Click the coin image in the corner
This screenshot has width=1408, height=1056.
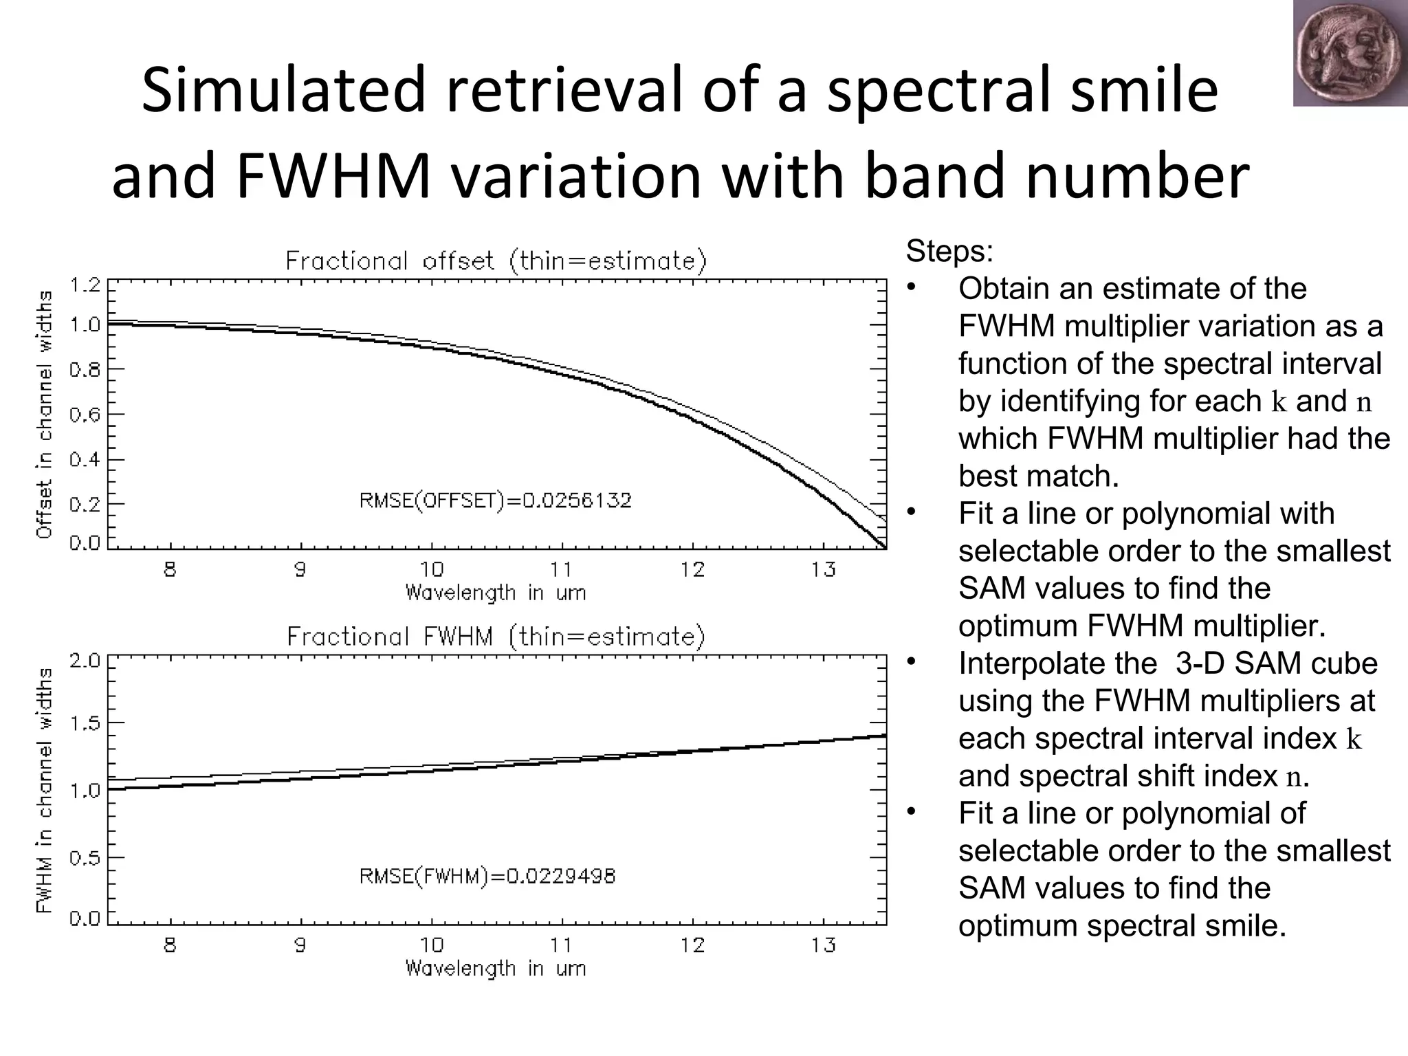(1350, 54)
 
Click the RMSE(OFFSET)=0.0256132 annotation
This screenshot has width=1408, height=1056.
(495, 500)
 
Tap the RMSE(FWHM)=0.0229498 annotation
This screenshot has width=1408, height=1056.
(487, 877)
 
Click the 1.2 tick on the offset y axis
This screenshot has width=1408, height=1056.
(85, 285)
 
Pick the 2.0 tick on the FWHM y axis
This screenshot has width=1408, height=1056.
(85, 661)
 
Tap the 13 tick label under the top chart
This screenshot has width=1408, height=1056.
(823, 569)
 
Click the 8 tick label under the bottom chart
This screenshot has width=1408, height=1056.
(170, 945)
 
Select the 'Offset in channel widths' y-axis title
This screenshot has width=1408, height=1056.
(45, 414)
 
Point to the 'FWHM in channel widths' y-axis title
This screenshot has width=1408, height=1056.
(45, 790)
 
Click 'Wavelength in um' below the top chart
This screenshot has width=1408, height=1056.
(496, 593)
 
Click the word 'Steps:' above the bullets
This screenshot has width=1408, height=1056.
(949, 252)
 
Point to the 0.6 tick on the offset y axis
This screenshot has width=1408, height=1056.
(85, 415)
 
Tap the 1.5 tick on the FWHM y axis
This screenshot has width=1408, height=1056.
(85, 723)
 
